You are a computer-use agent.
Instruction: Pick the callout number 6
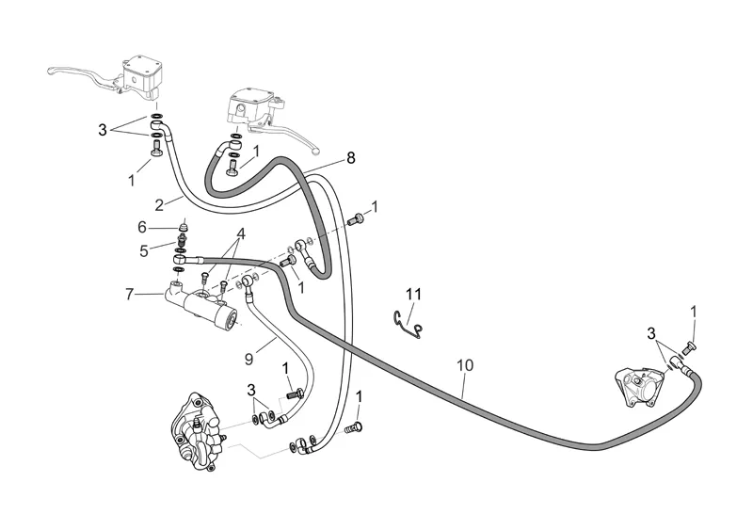(142, 227)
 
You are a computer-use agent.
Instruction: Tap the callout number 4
(241, 233)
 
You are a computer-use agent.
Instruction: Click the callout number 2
(161, 202)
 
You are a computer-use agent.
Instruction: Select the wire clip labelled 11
(407, 320)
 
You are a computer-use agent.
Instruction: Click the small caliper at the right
(635, 388)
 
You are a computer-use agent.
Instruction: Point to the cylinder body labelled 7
(202, 306)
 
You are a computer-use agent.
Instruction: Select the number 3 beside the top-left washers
(103, 130)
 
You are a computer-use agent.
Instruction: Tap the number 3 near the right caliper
(650, 332)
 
